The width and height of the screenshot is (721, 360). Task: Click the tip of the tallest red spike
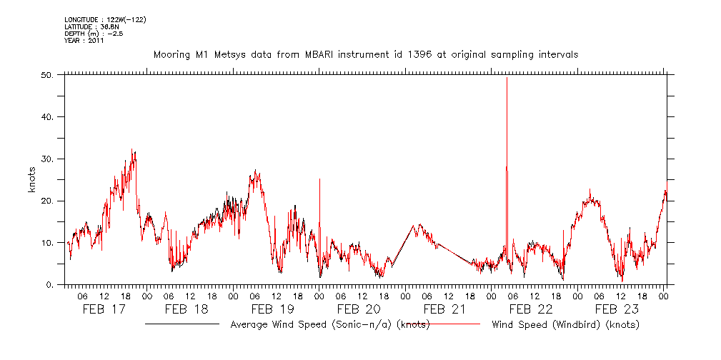tap(507, 77)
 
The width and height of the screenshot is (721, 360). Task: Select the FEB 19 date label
tap(274, 309)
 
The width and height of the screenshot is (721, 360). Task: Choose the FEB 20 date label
tap(359, 309)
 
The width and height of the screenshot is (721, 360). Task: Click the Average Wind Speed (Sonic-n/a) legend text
tap(329, 324)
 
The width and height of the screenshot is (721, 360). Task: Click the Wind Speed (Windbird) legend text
tap(565, 324)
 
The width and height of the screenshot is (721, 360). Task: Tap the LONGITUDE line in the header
tap(105, 19)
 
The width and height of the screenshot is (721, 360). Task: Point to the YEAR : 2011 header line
tap(84, 40)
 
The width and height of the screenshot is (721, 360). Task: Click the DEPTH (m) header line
tap(94, 33)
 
